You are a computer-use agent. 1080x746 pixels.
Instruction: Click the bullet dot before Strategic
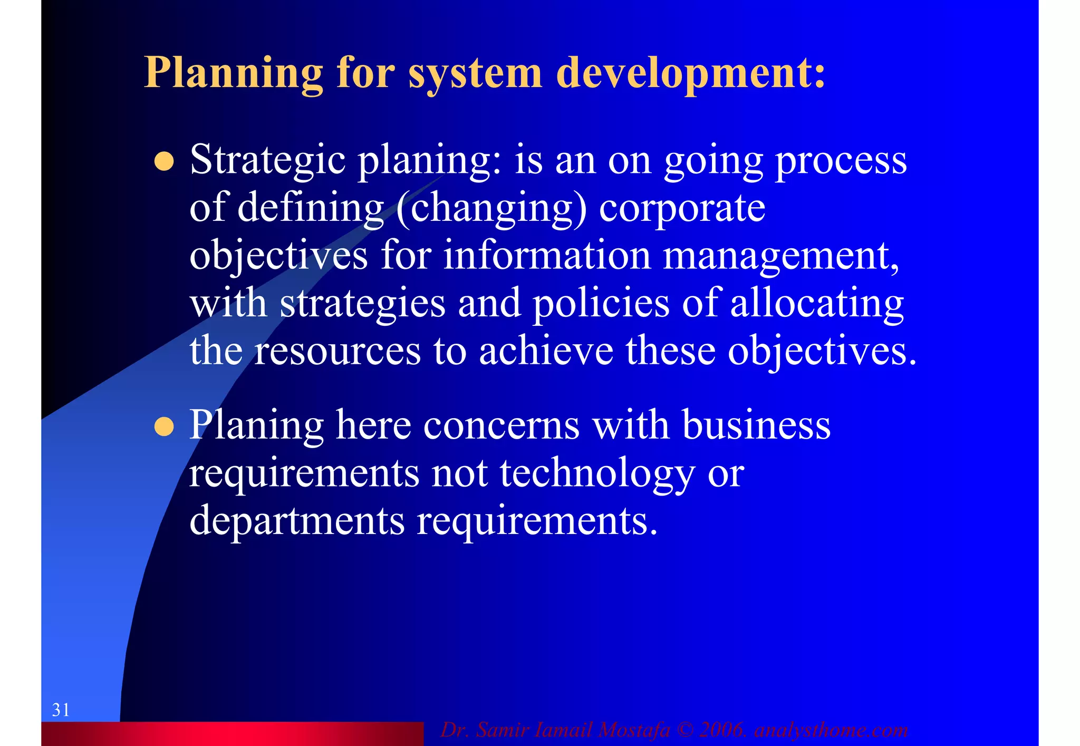point(164,162)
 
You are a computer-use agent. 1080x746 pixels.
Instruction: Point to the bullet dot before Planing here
point(164,427)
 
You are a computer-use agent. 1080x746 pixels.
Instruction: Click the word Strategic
point(267,160)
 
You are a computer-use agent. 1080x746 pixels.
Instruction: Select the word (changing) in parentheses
point(491,208)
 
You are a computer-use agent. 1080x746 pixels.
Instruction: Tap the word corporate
point(682,208)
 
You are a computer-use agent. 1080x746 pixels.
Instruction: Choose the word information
point(547,255)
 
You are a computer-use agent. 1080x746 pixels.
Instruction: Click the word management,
point(781,255)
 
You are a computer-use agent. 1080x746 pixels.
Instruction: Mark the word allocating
point(817,303)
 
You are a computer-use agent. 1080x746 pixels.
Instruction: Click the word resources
point(337,351)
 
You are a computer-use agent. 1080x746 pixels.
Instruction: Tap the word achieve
point(546,351)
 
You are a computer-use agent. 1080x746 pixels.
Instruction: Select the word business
point(756,425)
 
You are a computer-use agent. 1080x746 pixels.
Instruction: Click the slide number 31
point(61,710)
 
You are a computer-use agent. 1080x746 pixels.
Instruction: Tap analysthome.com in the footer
point(831,730)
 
